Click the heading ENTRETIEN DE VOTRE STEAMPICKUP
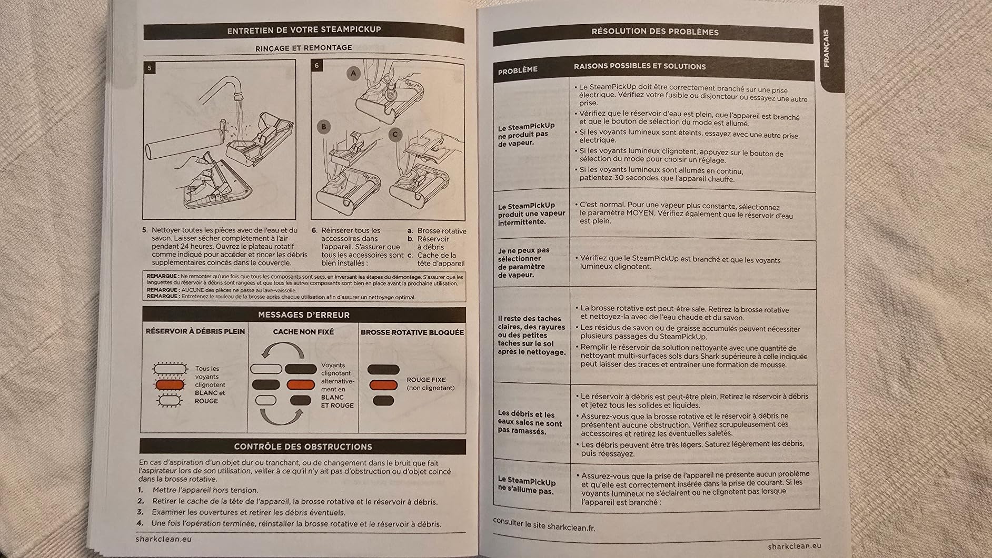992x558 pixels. point(304,30)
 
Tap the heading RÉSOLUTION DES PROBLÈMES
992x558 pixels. point(654,32)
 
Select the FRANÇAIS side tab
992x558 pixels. point(826,48)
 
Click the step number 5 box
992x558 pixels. point(150,68)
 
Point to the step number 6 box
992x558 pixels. point(317,66)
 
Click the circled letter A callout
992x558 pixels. point(354,73)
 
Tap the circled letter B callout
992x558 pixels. point(324,126)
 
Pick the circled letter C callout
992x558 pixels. point(395,135)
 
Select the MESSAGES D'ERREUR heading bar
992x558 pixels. point(304,314)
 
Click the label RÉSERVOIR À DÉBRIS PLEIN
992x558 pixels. point(195,331)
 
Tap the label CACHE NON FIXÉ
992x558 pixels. point(303,332)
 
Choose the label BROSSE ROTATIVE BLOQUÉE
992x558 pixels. point(412,332)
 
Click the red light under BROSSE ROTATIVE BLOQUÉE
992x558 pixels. point(383,385)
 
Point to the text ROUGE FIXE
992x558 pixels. point(426,380)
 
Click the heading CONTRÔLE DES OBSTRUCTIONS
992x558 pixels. point(303,447)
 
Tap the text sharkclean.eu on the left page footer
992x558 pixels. point(163,539)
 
